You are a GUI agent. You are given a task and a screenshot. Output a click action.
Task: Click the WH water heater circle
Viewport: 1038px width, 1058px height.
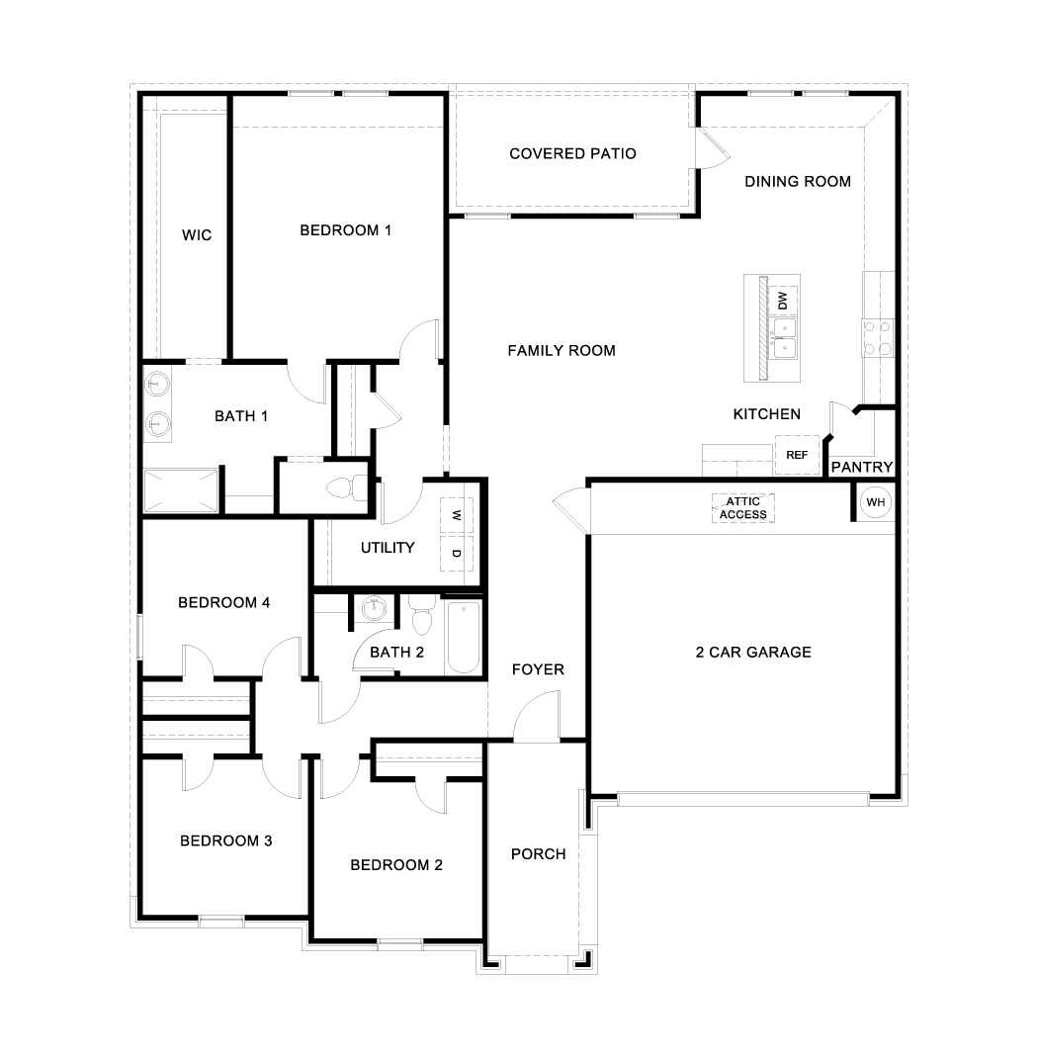click(875, 502)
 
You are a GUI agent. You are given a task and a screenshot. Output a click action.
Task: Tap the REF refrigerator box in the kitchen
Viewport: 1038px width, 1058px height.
click(797, 455)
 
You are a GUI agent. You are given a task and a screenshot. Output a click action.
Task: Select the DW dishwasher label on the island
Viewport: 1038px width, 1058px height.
click(783, 300)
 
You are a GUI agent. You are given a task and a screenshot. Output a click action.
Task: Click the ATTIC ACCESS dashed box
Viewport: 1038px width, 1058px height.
click(742, 508)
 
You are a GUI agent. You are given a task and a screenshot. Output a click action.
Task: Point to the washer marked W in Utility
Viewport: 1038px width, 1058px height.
click(456, 515)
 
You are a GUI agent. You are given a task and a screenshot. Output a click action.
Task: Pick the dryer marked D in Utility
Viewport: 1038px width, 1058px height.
click(456, 554)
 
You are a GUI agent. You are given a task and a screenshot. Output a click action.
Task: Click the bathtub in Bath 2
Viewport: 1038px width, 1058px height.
click(463, 637)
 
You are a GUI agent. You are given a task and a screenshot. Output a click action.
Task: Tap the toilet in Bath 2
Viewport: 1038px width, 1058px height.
click(422, 617)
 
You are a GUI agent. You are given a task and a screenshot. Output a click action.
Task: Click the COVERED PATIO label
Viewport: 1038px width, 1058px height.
click(572, 153)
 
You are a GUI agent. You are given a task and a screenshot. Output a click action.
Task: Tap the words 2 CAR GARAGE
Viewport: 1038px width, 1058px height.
click(752, 652)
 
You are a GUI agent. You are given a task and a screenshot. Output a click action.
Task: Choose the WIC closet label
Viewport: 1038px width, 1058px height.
click(197, 235)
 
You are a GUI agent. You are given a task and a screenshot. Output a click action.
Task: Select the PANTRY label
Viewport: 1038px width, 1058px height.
click(861, 467)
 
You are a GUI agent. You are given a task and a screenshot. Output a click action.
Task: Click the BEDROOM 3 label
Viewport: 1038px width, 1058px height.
click(225, 840)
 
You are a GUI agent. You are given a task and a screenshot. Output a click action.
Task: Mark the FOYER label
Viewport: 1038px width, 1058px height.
click(538, 669)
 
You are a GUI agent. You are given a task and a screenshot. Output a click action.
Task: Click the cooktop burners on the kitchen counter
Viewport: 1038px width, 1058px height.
click(878, 337)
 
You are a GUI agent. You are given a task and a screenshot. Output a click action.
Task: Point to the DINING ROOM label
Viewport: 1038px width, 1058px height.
click(797, 181)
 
